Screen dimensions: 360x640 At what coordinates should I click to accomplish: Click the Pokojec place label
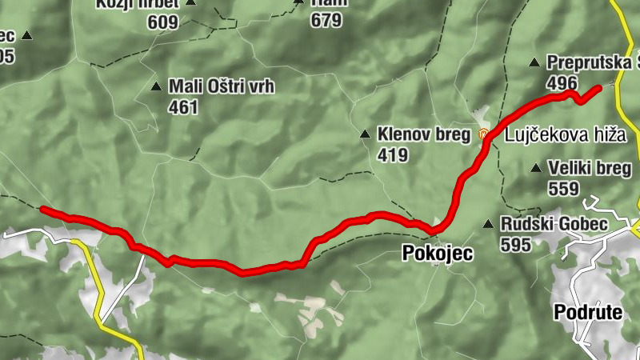click(x=436, y=254)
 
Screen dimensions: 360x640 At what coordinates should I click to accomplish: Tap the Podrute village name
click(x=587, y=312)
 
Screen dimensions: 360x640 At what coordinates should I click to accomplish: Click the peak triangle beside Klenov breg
click(x=365, y=134)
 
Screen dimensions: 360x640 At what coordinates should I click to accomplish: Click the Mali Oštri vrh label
click(x=221, y=86)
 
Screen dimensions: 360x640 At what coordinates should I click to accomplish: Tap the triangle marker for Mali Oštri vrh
click(x=156, y=86)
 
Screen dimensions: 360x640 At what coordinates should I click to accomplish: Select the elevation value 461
click(x=183, y=106)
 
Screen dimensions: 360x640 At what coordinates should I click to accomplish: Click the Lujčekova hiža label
click(x=564, y=135)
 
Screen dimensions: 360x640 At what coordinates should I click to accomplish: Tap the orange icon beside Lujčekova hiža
click(x=483, y=134)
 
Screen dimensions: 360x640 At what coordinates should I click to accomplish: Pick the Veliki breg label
click(x=590, y=168)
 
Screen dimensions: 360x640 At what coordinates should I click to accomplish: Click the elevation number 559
click(x=564, y=188)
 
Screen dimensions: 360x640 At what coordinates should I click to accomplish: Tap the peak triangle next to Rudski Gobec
click(x=488, y=224)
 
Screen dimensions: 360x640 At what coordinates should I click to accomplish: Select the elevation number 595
click(x=516, y=245)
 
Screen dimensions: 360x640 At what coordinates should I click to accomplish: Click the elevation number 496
click(x=562, y=82)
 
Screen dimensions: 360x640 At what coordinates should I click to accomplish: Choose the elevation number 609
click(x=162, y=22)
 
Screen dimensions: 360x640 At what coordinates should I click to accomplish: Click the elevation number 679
click(x=326, y=22)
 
